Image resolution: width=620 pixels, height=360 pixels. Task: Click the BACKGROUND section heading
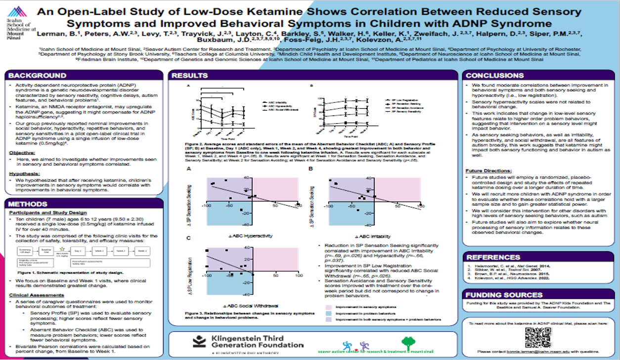pos(38,76)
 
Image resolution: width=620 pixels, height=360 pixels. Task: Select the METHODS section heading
pos(28,204)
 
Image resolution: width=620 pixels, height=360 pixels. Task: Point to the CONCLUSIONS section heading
pos(495,76)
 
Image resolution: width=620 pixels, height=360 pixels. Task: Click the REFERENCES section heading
pos(493,257)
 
